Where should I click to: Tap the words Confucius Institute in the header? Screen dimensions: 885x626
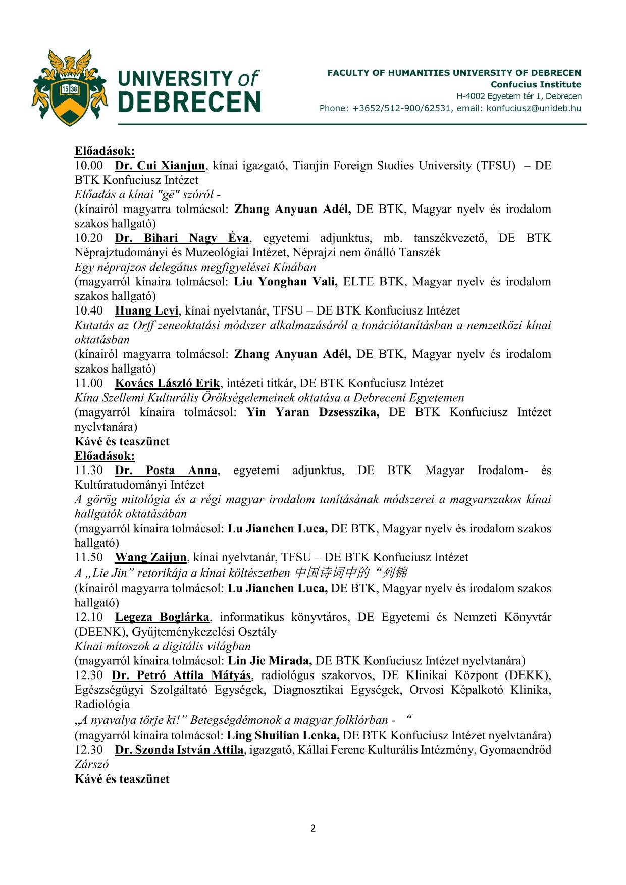tap(536, 85)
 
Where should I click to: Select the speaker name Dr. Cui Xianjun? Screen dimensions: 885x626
tap(160, 166)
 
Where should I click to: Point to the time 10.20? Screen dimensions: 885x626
tap(89, 238)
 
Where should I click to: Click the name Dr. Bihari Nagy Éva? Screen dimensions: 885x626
tap(182, 238)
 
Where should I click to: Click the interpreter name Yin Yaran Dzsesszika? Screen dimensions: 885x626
tap(313, 412)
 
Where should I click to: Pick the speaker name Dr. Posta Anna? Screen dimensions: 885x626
tap(166, 471)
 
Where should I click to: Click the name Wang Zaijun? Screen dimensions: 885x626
tap(150, 558)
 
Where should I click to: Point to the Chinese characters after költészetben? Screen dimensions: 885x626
tap(350, 572)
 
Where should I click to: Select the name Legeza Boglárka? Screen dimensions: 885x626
tap(162, 617)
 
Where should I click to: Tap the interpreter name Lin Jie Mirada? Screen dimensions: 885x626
tap(270, 661)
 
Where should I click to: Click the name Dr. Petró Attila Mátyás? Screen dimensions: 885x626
tap(181, 675)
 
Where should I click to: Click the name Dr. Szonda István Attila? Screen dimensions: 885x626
tap(179, 750)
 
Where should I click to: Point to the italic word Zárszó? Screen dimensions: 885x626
tap(92, 764)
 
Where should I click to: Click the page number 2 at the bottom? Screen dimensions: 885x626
tap(313, 828)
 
